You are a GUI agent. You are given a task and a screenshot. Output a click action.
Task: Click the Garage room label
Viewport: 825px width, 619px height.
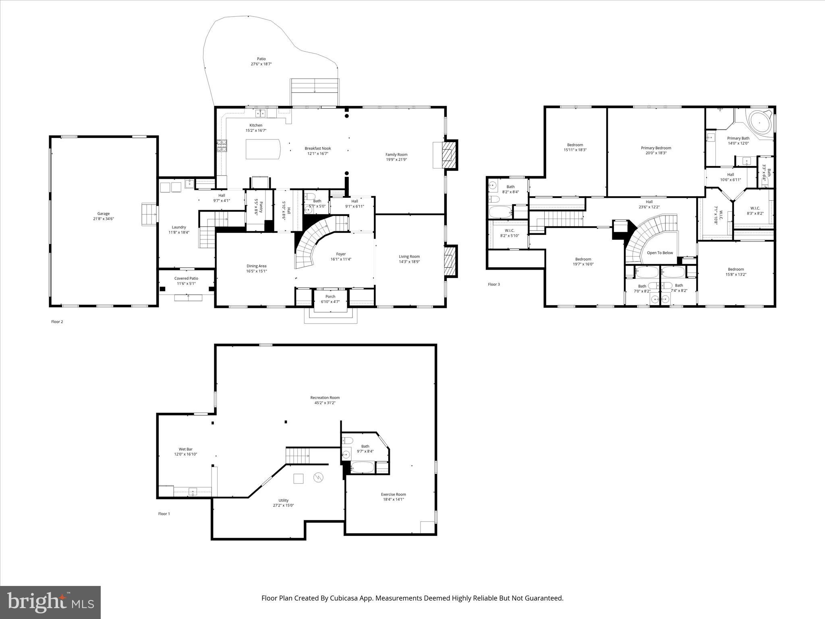point(103,214)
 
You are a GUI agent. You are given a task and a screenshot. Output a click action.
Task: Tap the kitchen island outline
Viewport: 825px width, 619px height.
point(263,150)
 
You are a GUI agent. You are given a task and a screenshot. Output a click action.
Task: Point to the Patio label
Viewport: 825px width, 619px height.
point(261,59)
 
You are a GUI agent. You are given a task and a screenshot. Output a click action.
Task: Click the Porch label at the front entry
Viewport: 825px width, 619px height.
point(330,297)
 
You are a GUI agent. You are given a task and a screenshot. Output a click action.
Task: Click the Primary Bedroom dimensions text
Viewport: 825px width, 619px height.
point(656,153)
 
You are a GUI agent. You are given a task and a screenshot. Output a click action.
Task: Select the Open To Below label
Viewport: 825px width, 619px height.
point(660,253)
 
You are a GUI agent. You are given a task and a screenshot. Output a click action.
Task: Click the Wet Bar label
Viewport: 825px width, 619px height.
point(186,449)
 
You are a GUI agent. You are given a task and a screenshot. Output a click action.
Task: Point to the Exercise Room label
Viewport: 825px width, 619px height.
point(394,494)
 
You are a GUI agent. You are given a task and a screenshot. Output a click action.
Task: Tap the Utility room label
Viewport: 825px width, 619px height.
point(283,500)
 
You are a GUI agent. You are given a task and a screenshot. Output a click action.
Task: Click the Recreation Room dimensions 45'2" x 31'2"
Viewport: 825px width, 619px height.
point(325,403)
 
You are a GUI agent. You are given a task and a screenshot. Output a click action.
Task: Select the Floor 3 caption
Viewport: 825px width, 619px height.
point(494,285)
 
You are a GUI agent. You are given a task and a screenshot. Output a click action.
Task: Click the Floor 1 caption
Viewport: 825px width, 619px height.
point(164,514)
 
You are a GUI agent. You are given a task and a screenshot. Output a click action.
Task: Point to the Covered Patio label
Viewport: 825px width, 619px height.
point(186,278)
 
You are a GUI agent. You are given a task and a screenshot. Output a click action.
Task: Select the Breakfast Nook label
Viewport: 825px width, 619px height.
point(317,148)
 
